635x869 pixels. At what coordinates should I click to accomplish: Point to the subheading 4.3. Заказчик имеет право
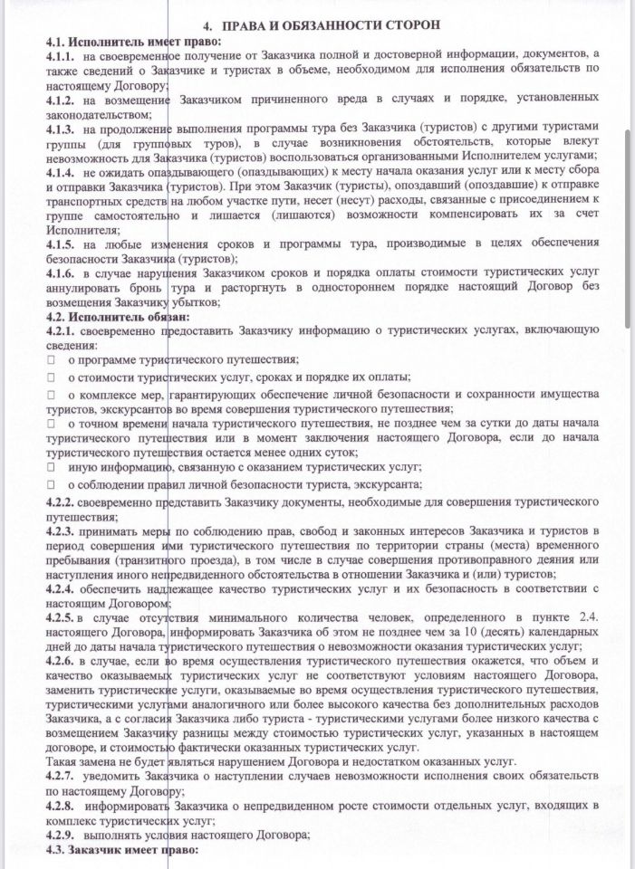click(x=121, y=853)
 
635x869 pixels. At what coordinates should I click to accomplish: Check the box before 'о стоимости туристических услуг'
click(x=53, y=377)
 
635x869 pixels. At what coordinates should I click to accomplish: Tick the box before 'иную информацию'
click(x=53, y=468)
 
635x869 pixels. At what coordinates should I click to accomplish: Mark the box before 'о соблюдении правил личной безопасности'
click(x=53, y=484)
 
